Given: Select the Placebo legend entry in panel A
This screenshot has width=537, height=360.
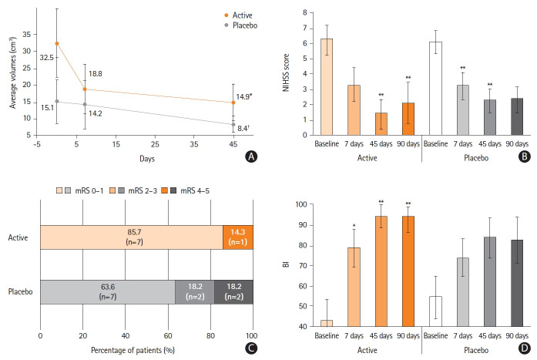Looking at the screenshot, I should (243, 25).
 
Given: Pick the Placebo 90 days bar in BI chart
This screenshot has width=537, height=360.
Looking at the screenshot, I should (513, 283).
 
